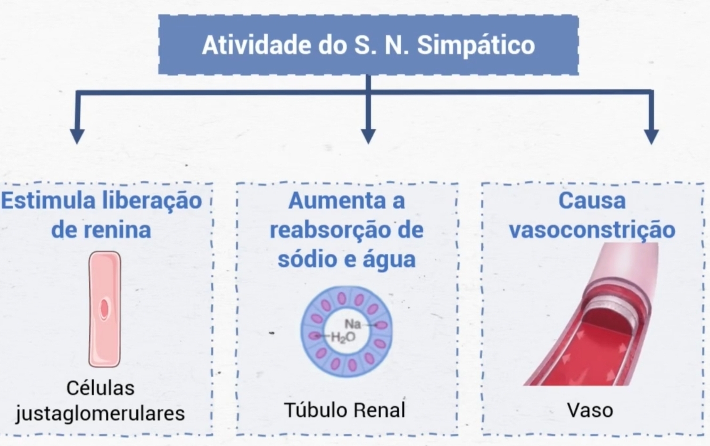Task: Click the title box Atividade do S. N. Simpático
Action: coord(368,45)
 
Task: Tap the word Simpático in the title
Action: coord(476,46)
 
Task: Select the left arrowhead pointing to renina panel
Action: coord(77,136)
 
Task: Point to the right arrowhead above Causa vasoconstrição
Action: coord(651,136)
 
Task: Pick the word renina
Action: coord(117,230)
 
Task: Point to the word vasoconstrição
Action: coord(592,230)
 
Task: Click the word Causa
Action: coord(592,201)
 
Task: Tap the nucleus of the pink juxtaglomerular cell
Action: coord(105,309)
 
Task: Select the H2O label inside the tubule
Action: coord(342,337)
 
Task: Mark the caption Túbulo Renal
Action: coord(344,410)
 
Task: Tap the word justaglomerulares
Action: coord(100,413)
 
